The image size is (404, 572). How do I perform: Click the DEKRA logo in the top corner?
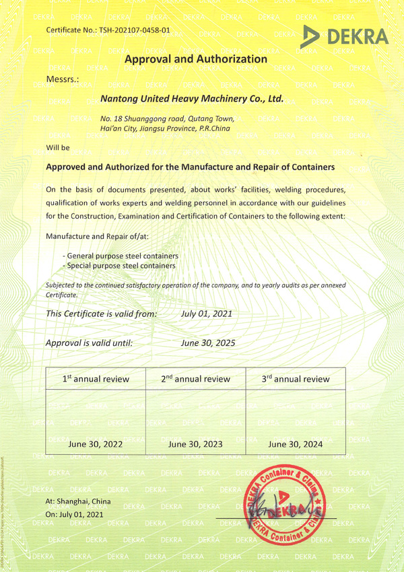345,37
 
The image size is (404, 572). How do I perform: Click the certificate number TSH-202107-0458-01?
108,31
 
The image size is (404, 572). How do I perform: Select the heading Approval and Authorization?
196,59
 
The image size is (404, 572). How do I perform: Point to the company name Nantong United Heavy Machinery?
191,99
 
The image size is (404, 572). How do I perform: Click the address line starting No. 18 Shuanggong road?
166,118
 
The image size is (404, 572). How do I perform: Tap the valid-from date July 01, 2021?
207,314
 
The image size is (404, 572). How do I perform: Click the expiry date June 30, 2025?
208,343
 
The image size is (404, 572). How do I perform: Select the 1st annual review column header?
96,379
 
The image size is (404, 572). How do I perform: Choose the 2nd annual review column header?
195,379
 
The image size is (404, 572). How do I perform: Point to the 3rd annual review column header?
296,379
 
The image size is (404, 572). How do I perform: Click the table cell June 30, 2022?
96,444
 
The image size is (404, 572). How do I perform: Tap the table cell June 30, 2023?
195,444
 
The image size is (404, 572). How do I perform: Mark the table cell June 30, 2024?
296,444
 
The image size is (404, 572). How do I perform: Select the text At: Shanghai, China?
78,502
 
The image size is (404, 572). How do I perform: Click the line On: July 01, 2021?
74,514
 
